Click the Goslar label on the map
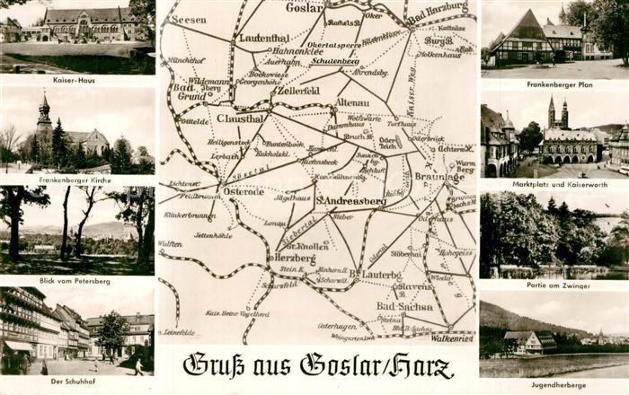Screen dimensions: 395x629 305,7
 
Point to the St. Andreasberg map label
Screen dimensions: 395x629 351,201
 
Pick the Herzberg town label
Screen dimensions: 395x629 294,258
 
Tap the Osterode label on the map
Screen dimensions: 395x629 244,191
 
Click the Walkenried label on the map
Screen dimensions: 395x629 451,338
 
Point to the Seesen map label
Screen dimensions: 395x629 188,20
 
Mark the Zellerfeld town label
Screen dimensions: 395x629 298,91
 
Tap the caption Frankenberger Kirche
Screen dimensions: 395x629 77,180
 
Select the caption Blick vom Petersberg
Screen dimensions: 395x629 75,280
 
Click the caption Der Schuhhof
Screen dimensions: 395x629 66,381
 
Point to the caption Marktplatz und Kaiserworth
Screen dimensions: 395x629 554,183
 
